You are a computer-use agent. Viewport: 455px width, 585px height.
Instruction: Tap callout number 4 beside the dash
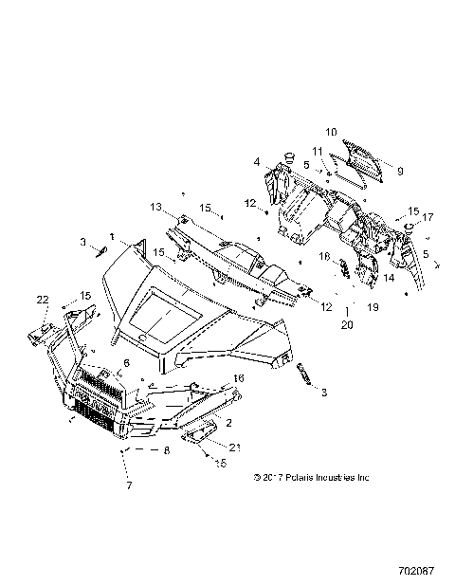[x=256, y=163]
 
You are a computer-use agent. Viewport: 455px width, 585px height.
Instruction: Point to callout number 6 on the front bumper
[x=126, y=362]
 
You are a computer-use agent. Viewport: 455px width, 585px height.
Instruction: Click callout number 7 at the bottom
[x=129, y=486]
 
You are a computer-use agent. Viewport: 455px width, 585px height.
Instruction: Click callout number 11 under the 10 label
[x=318, y=152]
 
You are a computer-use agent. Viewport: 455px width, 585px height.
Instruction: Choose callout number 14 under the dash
[x=388, y=279]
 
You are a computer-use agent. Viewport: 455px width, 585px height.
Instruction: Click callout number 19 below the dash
[x=373, y=308]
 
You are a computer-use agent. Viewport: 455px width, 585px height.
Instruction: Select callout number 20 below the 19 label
[x=348, y=324]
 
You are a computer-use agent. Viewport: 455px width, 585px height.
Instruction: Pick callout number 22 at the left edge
[x=42, y=300]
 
